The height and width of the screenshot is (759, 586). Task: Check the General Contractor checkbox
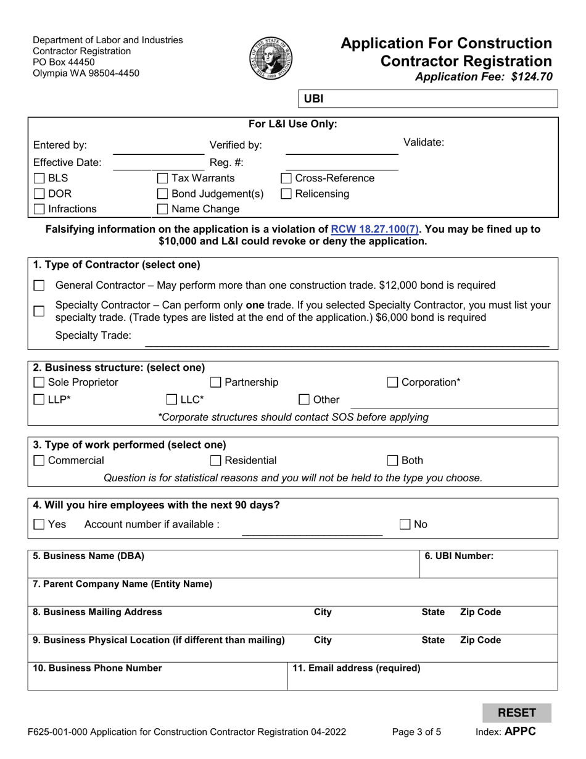point(39,286)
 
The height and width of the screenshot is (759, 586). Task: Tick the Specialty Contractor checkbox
point(39,311)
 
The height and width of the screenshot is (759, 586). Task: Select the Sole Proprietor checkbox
point(39,383)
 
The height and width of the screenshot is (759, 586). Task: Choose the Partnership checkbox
point(216,383)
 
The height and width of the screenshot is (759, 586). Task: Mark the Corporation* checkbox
point(393,383)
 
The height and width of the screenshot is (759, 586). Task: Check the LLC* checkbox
point(172,399)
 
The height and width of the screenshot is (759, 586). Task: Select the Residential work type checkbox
point(216,460)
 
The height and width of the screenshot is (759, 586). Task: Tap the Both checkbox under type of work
point(393,460)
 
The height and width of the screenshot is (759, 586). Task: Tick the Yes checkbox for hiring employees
point(39,525)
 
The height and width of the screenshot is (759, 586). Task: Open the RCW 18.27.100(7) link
point(375,230)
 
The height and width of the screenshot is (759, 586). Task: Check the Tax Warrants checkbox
point(162,179)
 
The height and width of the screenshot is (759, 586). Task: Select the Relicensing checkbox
point(286,194)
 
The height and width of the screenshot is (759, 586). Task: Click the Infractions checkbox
point(39,209)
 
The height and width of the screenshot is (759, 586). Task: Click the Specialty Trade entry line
point(346,340)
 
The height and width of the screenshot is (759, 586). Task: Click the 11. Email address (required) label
point(357,668)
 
